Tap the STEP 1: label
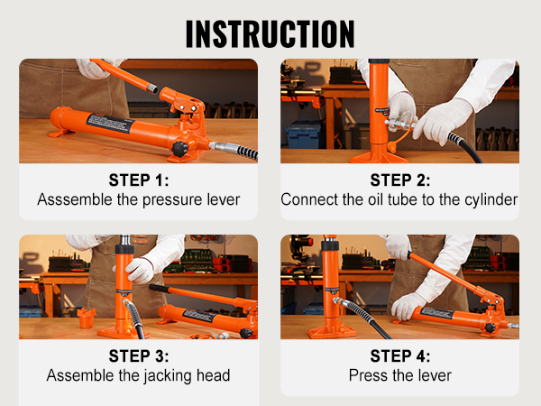(x=138, y=180)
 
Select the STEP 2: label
(x=399, y=180)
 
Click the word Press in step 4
(x=368, y=374)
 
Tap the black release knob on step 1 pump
(x=180, y=147)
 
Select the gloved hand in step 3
(x=139, y=269)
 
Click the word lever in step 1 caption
(x=223, y=199)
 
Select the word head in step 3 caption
(x=213, y=374)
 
